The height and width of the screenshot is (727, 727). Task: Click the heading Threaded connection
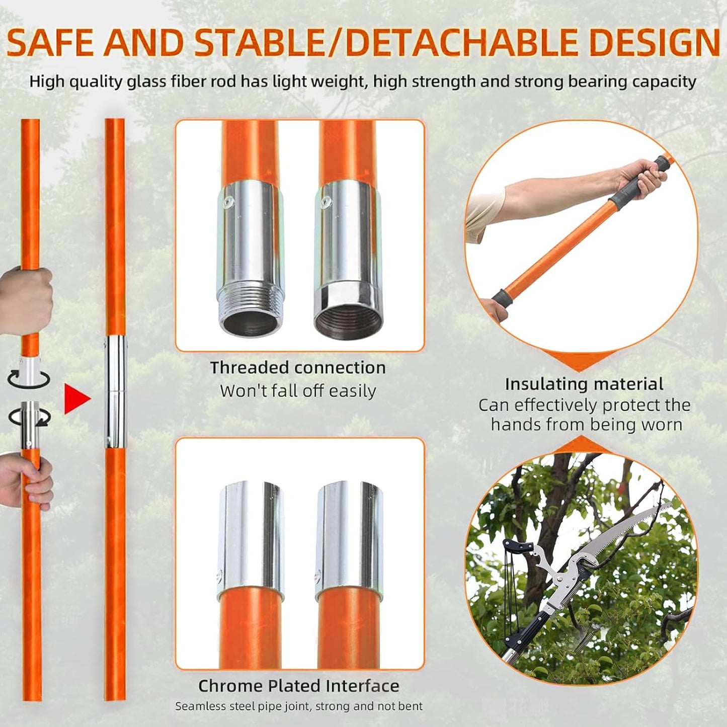point(298,368)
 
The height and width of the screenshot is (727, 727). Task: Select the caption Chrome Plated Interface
point(298,686)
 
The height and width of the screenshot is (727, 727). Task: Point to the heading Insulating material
point(584,384)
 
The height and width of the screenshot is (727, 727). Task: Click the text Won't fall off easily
point(298,391)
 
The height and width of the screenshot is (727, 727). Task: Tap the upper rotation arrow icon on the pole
point(29,378)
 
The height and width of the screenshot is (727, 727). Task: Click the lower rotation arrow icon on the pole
point(29,417)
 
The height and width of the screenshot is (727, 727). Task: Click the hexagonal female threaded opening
point(347,314)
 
